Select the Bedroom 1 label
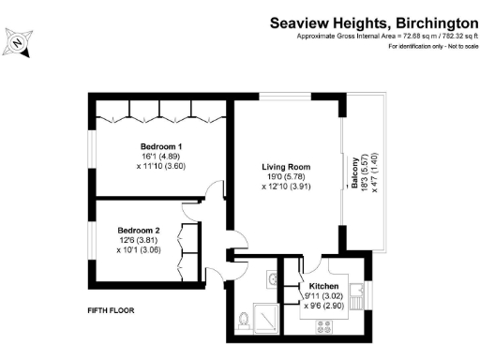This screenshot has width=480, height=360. tap(160, 146)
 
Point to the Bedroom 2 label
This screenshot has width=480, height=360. tap(138, 230)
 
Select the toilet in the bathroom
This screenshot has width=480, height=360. tap(245, 321)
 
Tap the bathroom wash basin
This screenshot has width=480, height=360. tap(270, 278)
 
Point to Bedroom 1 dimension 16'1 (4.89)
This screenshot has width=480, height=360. tap(160, 157)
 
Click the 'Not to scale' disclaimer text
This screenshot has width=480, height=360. tap(454, 46)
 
